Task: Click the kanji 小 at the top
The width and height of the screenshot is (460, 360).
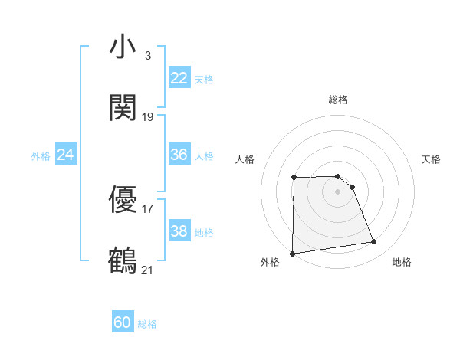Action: pos(123,47)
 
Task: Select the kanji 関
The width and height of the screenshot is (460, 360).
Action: pos(123,107)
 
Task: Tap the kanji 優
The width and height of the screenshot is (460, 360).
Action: pos(123,200)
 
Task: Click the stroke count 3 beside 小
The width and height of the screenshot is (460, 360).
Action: pos(148,56)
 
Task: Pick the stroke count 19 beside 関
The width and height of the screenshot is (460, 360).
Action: pos(148,116)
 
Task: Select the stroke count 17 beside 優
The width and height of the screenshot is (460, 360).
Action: pos(148,208)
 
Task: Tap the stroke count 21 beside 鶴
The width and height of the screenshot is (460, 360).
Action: pos(148,270)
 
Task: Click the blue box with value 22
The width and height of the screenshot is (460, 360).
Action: pos(179,78)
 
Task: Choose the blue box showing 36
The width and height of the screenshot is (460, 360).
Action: pos(179,155)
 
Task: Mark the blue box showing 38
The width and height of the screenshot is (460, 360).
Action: pos(179,231)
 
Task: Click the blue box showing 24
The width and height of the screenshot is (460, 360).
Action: pos(66,155)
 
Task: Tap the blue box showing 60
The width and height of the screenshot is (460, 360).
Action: pos(123,322)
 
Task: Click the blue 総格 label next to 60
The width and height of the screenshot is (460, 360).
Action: pos(148,324)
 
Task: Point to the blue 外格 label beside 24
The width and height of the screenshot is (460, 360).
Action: pos(41,156)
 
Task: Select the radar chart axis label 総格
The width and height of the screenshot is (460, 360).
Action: pos(338,100)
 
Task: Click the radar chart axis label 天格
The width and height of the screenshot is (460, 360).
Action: pos(432,159)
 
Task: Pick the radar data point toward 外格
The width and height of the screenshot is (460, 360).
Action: pos(292,254)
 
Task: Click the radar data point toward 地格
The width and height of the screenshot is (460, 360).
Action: pos(374,242)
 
